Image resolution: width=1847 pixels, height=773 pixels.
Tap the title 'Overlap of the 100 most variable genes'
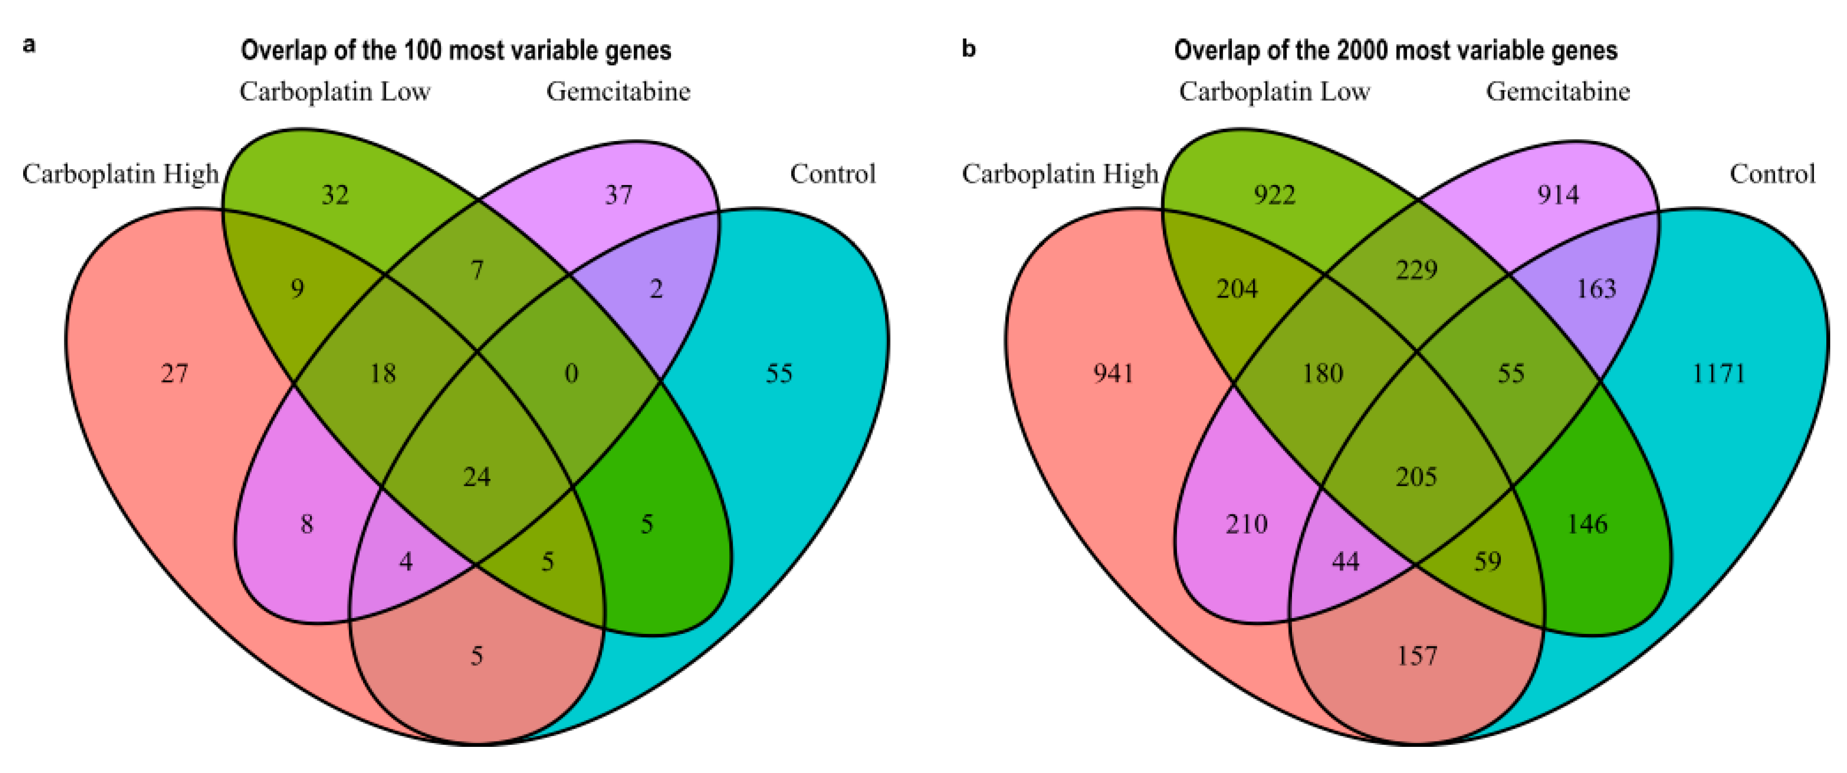pos(456,50)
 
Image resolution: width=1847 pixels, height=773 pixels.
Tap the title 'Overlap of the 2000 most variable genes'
pos(1395,50)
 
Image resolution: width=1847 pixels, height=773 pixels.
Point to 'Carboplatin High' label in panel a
pos(120,174)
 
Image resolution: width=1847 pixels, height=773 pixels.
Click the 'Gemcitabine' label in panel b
pos(1558,91)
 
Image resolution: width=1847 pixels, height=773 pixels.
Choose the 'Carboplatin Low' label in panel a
pos(335,91)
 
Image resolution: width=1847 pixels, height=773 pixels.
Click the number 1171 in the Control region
pos(1719,373)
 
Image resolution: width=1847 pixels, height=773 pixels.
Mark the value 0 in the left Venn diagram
pos(571,373)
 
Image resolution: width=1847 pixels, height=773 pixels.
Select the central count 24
pos(477,477)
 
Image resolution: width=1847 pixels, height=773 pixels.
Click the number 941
pos(1113,373)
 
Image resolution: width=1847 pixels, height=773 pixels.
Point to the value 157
pos(1417,656)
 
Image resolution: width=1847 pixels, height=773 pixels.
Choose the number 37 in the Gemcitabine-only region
pos(619,194)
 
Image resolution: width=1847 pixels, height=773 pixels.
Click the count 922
pos(1275,194)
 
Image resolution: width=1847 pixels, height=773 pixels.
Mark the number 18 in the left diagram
pos(383,373)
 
